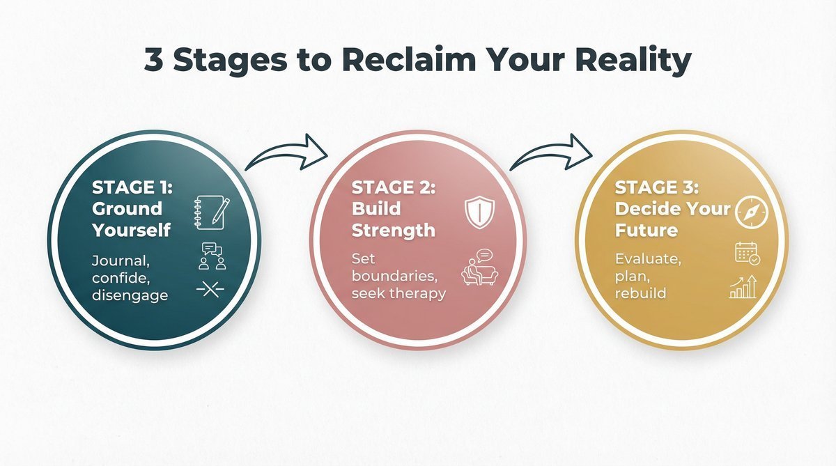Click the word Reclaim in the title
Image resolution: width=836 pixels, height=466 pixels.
pyautogui.click(x=398, y=61)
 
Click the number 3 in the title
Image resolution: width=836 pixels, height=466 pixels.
pyautogui.click(x=155, y=61)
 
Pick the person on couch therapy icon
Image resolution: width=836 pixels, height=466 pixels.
pyautogui.click(x=477, y=267)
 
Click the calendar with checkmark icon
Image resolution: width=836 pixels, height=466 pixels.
pyautogui.click(x=747, y=254)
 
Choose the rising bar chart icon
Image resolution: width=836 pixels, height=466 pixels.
pyautogui.click(x=743, y=287)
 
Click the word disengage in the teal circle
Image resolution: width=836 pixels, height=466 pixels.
pyautogui.click(x=130, y=295)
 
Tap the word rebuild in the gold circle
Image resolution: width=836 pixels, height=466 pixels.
pyautogui.click(x=640, y=293)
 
